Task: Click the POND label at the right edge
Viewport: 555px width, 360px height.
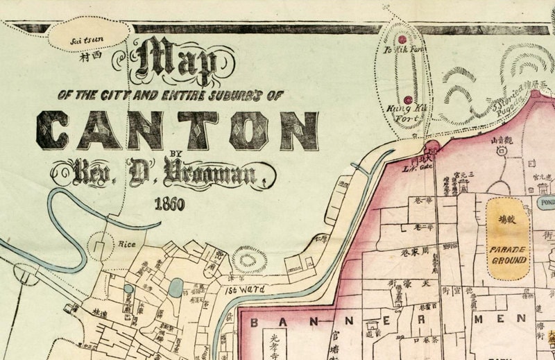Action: (545, 202)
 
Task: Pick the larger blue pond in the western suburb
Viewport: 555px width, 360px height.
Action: (176, 287)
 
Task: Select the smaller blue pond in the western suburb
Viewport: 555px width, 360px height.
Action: (128, 289)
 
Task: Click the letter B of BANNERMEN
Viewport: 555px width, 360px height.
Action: (254, 323)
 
